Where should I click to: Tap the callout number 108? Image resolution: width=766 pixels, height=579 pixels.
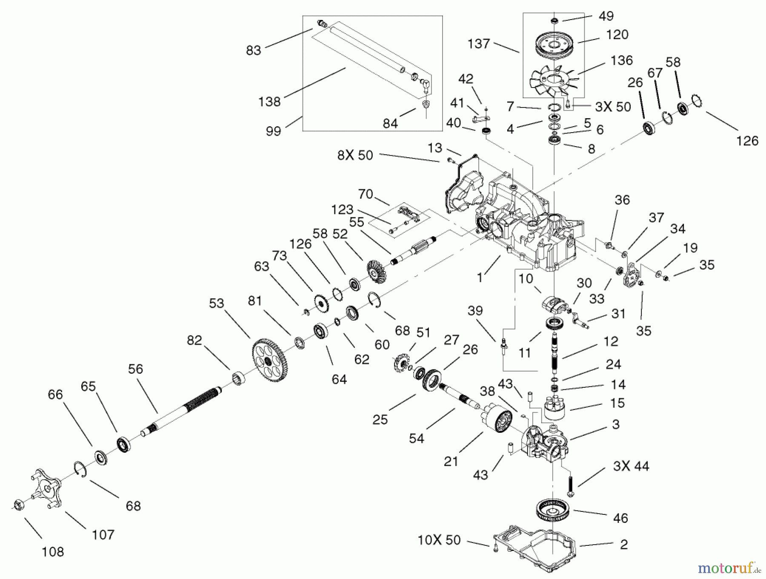(53, 551)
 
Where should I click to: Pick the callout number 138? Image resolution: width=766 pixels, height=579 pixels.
(269, 102)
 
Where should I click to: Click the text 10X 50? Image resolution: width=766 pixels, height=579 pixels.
(439, 540)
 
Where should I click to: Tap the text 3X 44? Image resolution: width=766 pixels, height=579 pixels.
(631, 466)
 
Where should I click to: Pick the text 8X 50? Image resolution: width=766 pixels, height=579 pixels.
(355, 155)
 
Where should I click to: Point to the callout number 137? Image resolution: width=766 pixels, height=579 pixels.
(479, 43)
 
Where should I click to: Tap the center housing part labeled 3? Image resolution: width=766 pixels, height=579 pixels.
(545, 444)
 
